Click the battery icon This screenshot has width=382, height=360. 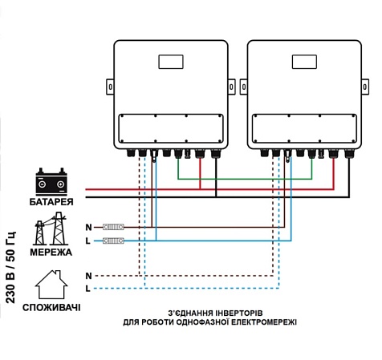51,181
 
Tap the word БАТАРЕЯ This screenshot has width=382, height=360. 51,202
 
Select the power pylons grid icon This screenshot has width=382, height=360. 51,229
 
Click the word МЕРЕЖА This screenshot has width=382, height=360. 51,253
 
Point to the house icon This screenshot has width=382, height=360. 51,285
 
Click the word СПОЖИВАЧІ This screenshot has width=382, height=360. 51,308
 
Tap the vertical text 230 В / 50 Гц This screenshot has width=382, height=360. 10,267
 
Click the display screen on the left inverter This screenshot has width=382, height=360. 171,62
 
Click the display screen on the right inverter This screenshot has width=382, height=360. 304,62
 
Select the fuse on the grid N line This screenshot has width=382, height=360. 113,227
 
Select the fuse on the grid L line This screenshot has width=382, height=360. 113,241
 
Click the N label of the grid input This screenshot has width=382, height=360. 88,228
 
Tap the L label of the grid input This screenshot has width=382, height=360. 87,241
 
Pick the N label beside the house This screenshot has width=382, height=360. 88,276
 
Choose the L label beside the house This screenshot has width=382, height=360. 87,289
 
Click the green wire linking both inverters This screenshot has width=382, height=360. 245,179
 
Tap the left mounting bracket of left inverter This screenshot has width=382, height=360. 110,87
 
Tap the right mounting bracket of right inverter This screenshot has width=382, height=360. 365,87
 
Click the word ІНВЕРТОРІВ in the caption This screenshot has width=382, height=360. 239,313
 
